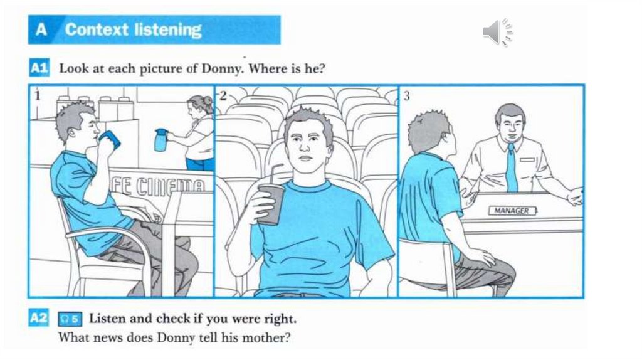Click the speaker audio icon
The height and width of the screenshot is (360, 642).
click(497, 32)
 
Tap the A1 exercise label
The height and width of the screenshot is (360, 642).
click(39, 68)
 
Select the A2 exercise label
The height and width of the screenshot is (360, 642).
click(38, 318)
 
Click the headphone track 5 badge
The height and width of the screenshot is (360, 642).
click(70, 319)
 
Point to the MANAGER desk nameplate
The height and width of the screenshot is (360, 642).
click(512, 211)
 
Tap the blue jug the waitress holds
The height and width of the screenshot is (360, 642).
click(160, 140)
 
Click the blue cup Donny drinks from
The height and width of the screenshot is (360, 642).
click(109, 139)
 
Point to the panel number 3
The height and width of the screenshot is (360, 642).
click(406, 96)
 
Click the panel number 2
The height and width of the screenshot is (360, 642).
click(223, 96)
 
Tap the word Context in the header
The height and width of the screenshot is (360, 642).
click(97, 30)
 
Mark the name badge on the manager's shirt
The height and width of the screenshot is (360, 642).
click(527, 160)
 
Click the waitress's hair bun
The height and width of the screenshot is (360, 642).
click(207, 101)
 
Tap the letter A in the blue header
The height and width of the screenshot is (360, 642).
click(41, 29)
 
